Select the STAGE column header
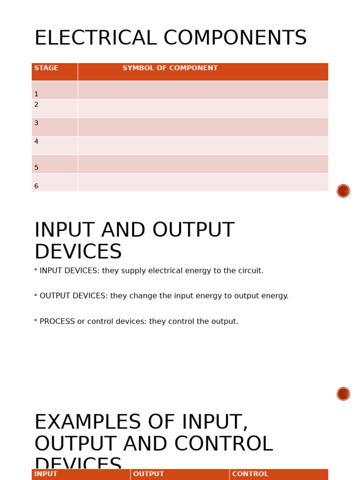click(x=46, y=68)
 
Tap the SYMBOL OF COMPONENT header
click(x=170, y=68)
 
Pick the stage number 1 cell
click(x=36, y=94)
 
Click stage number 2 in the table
click(x=36, y=105)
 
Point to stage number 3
click(x=36, y=123)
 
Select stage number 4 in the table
click(x=36, y=142)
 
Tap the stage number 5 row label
click(x=36, y=168)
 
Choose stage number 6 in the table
click(x=36, y=186)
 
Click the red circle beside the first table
click(x=343, y=191)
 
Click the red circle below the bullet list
click(x=343, y=394)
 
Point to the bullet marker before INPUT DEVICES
click(x=36, y=270)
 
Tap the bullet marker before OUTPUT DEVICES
click(x=36, y=295)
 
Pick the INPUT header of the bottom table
click(x=46, y=474)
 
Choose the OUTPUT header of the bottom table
click(x=149, y=474)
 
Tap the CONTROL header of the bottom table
click(x=250, y=474)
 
